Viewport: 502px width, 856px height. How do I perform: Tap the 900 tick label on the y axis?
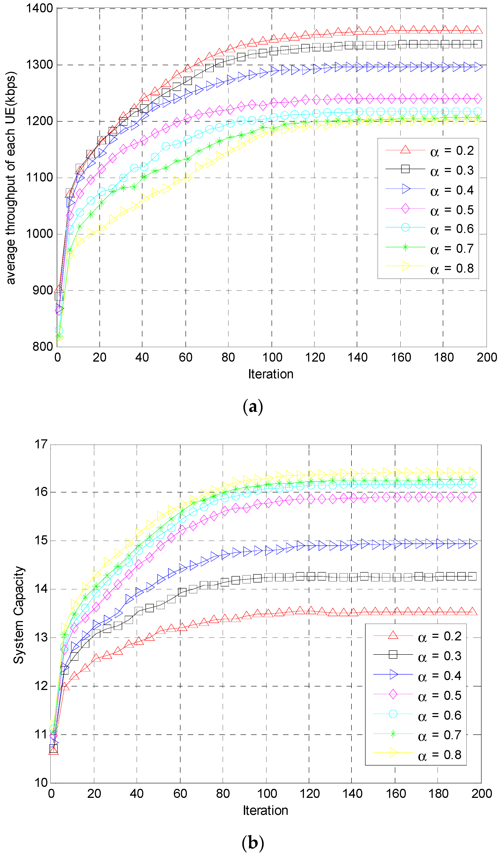click(x=43, y=291)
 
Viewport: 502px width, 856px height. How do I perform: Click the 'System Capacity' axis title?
click(x=19, y=615)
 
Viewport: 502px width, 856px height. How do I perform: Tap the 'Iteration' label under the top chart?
click(x=270, y=374)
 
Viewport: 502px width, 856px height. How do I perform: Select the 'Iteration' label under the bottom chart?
click(x=265, y=811)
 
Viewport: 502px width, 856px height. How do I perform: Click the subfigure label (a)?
click(x=253, y=407)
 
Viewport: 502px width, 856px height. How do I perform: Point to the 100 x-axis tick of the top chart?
click(x=272, y=357)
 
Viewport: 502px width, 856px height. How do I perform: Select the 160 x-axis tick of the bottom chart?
click(x=396, y=794)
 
